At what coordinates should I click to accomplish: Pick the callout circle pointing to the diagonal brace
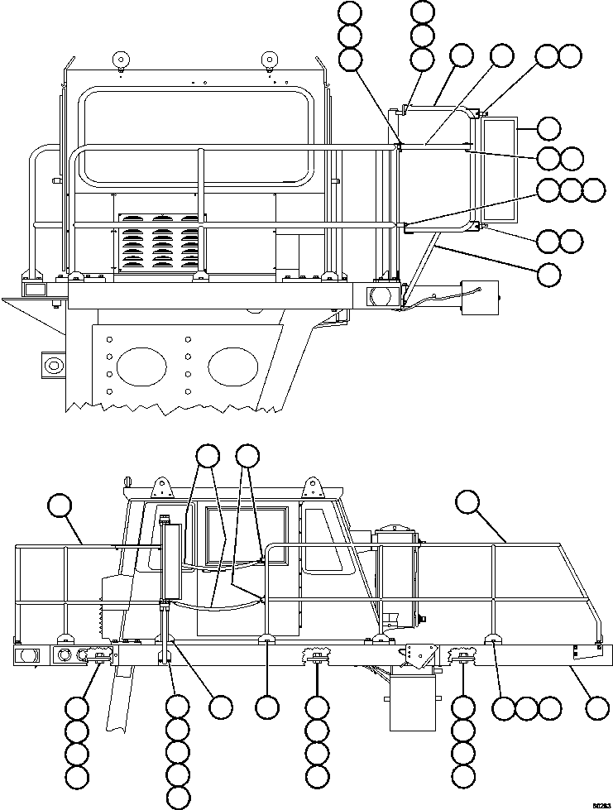tap(548, 274)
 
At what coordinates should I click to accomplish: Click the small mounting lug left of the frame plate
tap(52, 364)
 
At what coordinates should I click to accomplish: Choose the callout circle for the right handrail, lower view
tap(467, 501)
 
